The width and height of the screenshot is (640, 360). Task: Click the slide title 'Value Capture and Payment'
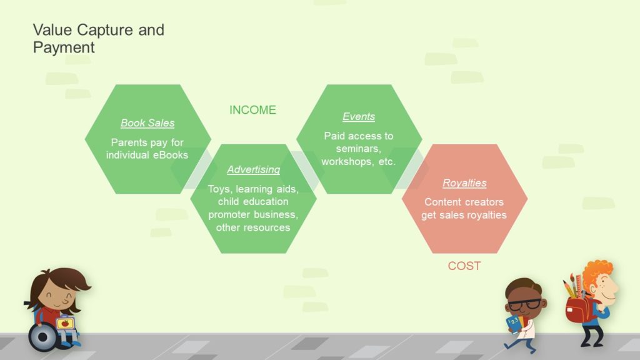point(98,38)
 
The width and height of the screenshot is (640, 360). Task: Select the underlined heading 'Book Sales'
point(147,123)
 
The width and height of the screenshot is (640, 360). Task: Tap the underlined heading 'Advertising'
point(254,169)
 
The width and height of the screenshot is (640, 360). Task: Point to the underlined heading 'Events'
point(359,116)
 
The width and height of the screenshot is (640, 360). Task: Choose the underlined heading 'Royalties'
point(464,183)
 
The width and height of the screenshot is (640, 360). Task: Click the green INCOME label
point(252,110)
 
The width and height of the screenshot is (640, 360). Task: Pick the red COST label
point(464,266)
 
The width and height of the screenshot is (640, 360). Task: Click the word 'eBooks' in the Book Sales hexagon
point(171,155)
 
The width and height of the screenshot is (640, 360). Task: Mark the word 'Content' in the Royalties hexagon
point(442,202)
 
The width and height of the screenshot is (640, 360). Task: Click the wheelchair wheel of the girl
point(42,337)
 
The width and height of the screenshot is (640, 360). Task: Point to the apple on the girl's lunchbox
point(65,324)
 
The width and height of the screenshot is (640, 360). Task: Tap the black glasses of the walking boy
point(524,304)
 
